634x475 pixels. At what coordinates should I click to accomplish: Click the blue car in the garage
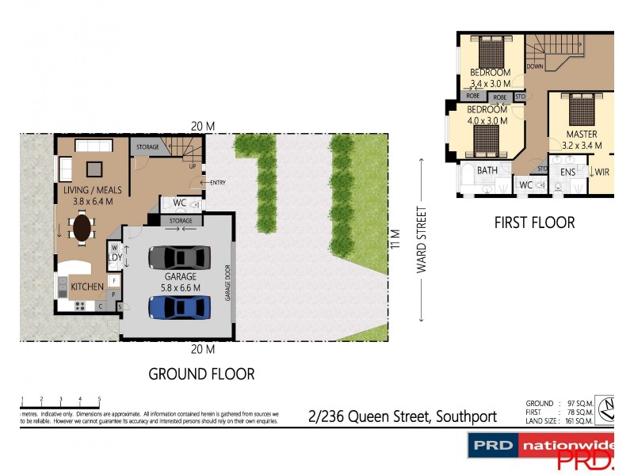(x=180, y=306)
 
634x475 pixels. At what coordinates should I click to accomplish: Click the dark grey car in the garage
(x=180, y=257)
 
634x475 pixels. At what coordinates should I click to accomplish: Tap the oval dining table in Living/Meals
(x=83, y=229)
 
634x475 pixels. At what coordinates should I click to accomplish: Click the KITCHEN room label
(x=88, y=286)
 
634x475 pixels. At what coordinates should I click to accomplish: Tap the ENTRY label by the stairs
(x=218, y=183)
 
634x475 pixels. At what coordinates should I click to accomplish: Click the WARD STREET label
(x=422, y=240)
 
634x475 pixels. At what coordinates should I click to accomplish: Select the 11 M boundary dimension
(x=394, y=237)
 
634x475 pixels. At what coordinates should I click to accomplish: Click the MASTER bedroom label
(x=581, y=135)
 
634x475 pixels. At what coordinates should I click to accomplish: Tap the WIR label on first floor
(x=602, y=171)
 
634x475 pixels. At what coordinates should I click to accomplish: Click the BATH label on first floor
(x=487, y=170)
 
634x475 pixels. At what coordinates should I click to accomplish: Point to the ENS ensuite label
(x=567, y=171)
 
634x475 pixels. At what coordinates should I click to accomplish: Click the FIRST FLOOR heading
(x=534, y=223)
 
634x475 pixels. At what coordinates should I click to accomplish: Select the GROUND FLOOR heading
(x=202, y=374)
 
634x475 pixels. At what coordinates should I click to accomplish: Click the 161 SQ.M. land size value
(x=581, y=420)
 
